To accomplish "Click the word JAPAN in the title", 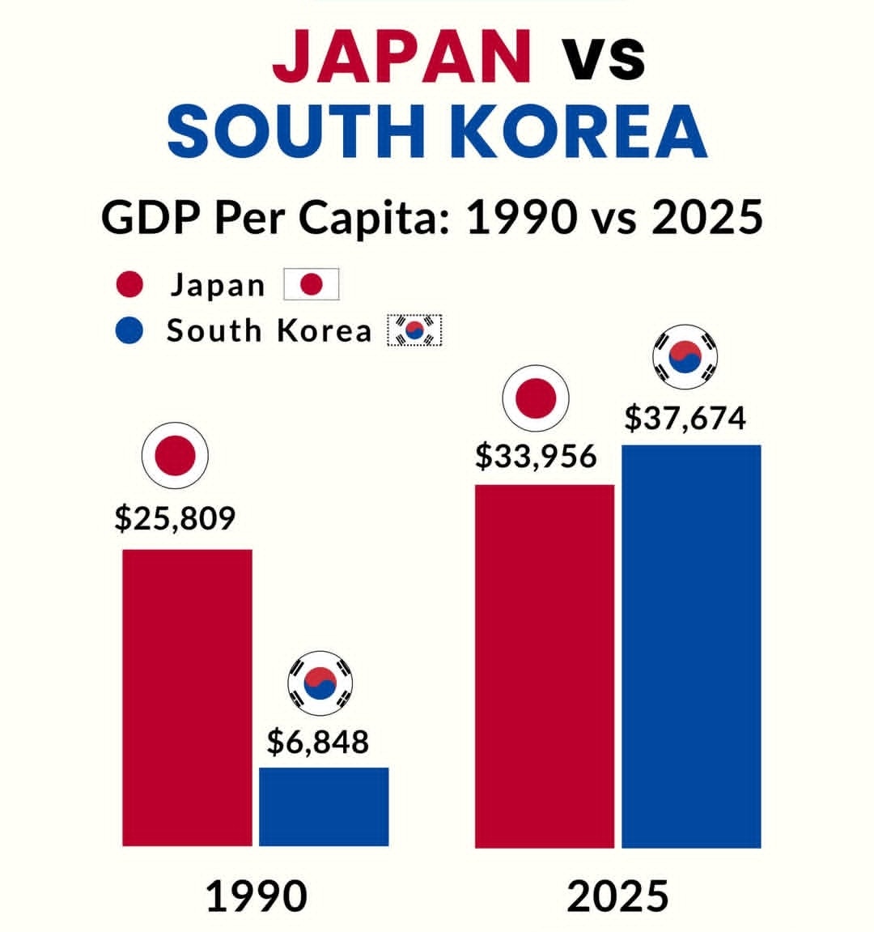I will (402, 55).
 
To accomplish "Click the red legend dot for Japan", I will (129, 285).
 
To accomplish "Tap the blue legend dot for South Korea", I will (129, 330).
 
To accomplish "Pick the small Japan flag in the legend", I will (311, 285).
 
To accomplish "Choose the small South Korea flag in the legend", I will (415, 330).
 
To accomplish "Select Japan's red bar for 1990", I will (187, 697).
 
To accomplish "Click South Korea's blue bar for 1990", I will (324, 806).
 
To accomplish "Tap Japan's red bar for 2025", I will (545, 666).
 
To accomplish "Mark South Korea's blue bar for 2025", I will (691, 646).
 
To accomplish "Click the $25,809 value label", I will (175, 518).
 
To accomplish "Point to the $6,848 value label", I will (318, 741).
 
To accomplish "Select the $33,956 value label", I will (536, 457).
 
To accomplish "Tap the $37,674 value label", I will (685, 419).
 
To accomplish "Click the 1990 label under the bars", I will (257, 896).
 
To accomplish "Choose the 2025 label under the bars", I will (618, 896).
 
